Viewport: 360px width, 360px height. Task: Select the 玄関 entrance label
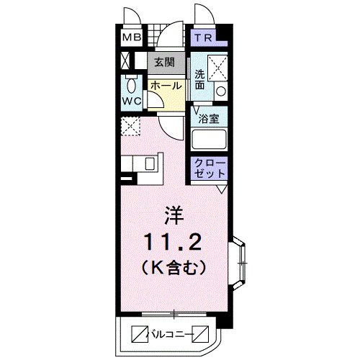coord(163,63)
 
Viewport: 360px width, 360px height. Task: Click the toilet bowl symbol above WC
coord(131,81)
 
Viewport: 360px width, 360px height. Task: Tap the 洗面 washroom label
coord(200,78)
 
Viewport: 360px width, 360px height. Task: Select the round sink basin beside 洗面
coord(220,91)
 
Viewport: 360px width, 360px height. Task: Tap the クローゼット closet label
coord(209,169)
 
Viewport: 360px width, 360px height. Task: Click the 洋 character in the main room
coord(174,215)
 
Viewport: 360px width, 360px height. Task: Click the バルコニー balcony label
coord(173,333)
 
